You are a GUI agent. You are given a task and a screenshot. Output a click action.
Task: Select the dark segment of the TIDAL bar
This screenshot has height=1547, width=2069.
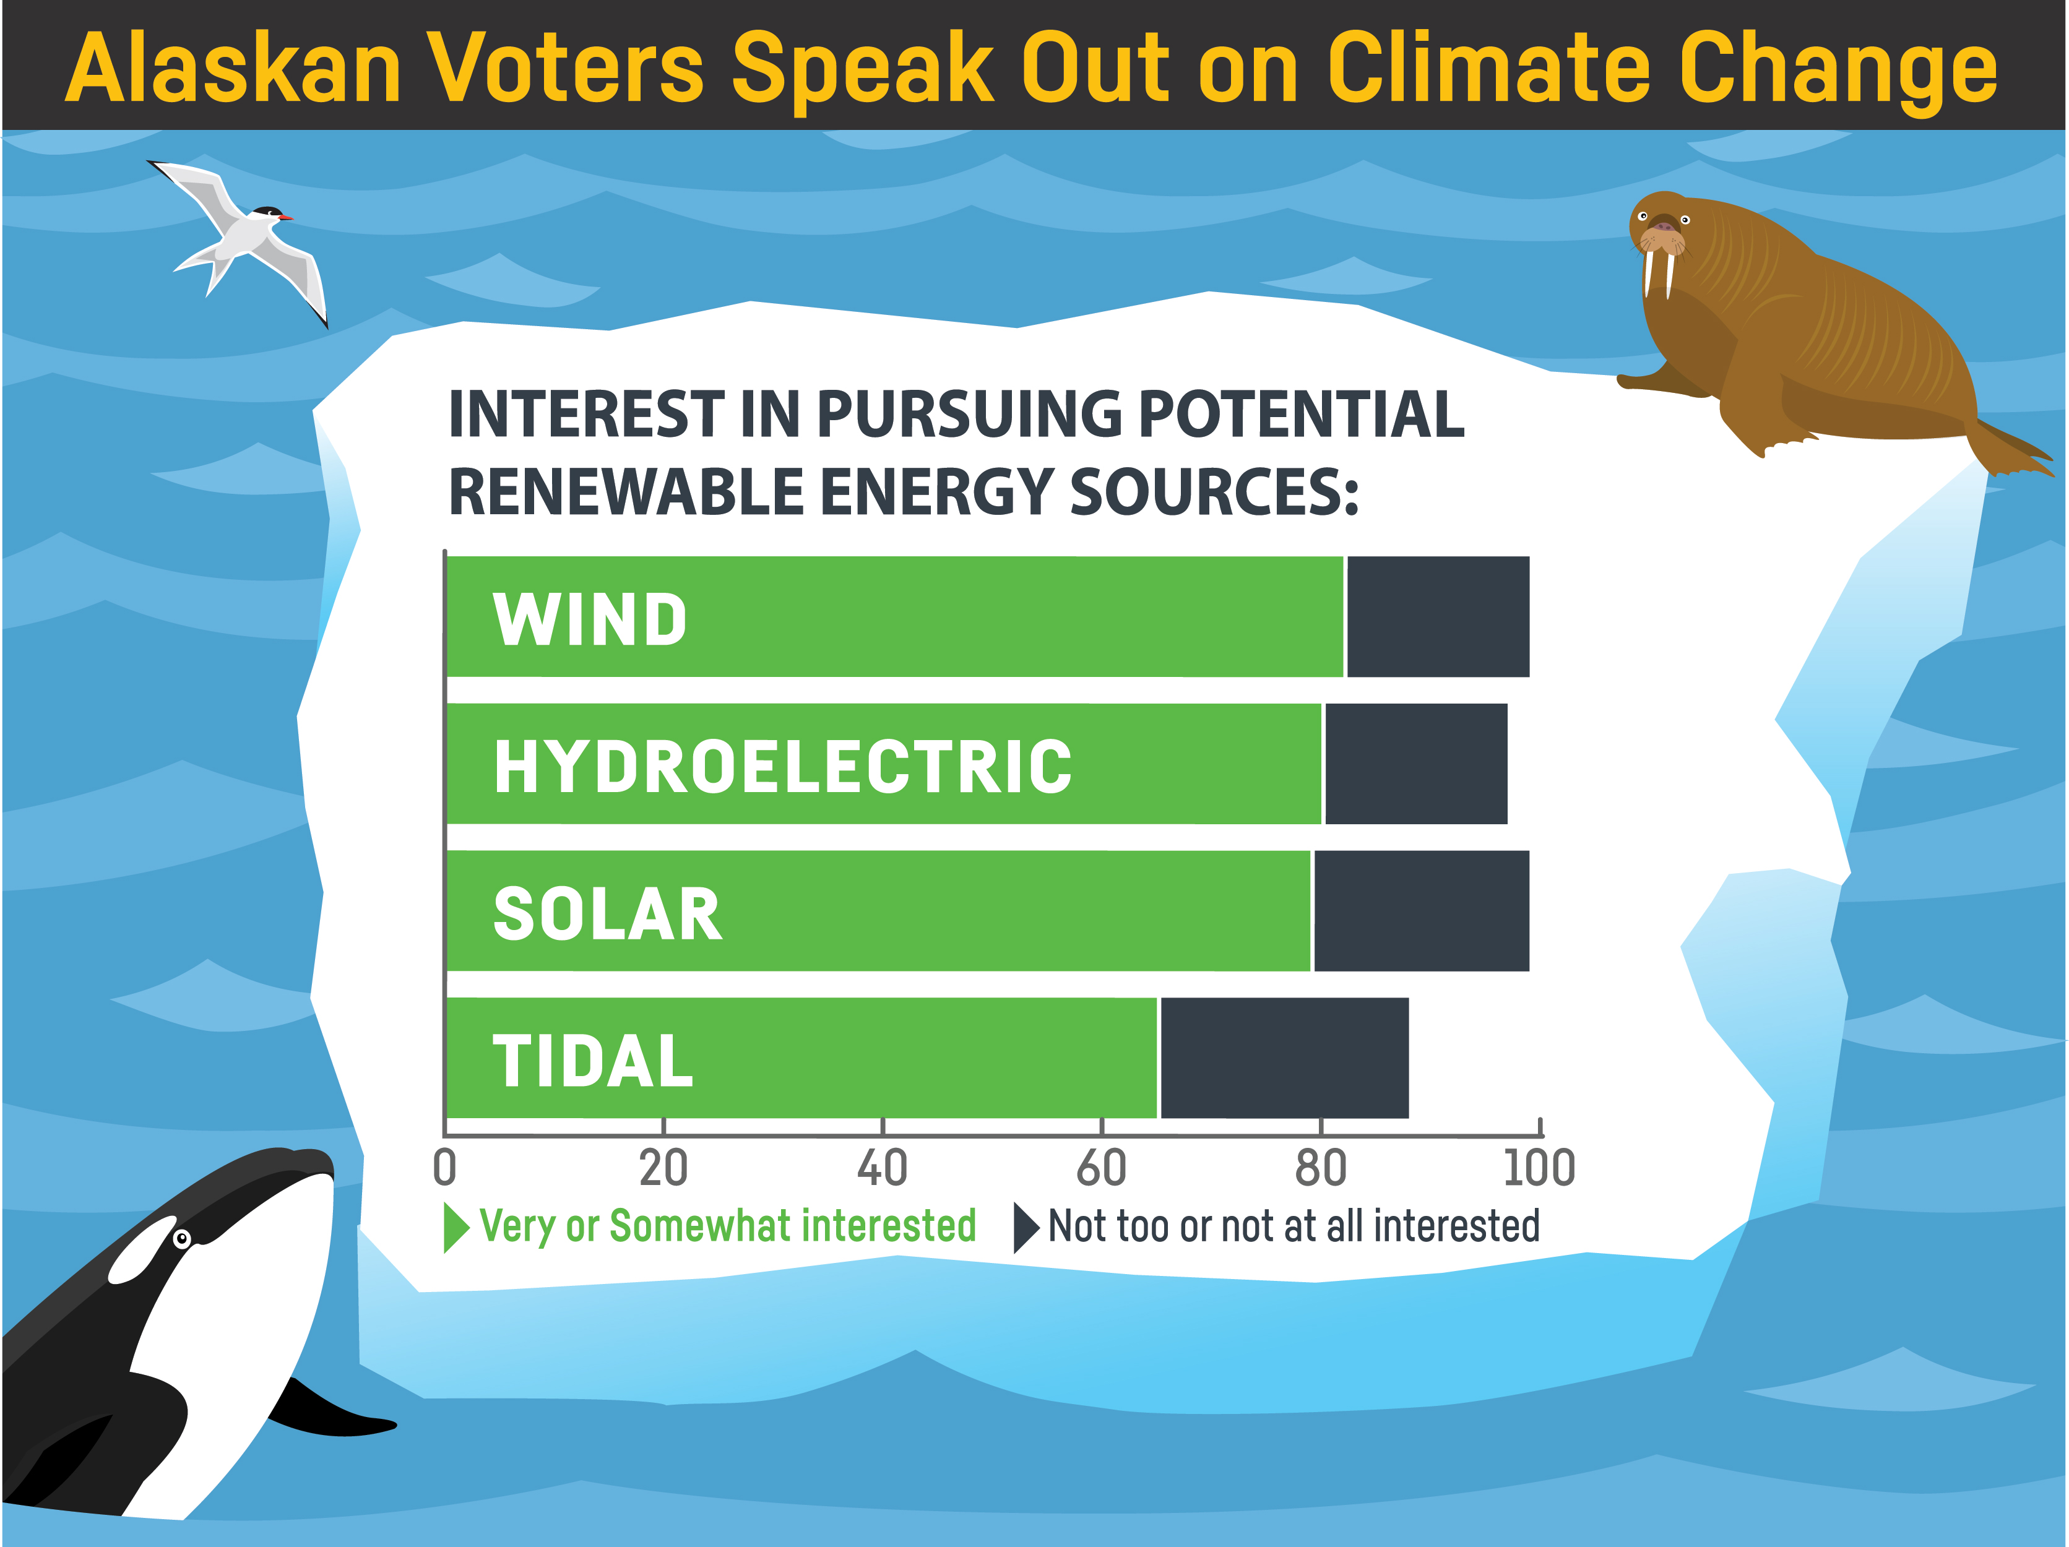(1284, 1058)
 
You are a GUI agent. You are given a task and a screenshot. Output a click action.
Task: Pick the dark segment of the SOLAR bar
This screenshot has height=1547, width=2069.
(1421, 911)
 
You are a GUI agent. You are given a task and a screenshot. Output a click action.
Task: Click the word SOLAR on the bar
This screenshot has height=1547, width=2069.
(607, 914)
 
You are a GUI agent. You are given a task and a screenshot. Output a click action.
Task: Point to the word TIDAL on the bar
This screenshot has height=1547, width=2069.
(593, 1061)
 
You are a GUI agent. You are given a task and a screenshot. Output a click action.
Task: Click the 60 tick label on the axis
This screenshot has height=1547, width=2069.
(1101, 1168)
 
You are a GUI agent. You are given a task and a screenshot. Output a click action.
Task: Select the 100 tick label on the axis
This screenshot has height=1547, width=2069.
(1539, 1168)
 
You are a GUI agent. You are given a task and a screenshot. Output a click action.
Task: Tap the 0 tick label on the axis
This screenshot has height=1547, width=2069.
(445, 1168)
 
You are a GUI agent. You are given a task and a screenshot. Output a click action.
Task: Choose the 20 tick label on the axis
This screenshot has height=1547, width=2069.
(663, 1168)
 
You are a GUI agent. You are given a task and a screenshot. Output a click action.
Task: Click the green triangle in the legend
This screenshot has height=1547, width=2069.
(454, 1227)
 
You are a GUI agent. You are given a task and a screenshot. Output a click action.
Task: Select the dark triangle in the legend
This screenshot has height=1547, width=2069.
(1025, 1227)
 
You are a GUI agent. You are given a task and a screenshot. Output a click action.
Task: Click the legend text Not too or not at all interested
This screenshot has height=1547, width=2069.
(1293, 1226)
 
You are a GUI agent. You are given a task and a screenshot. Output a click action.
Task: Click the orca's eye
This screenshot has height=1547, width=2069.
(183, 1239)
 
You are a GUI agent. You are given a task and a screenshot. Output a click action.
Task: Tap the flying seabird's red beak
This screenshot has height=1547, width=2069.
(286, 217)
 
